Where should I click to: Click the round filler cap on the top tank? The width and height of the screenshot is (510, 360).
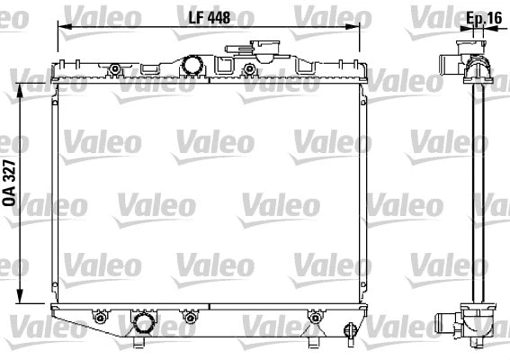click(x=191, y=65)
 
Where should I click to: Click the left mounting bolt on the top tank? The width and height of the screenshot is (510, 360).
click(x=115, y=69)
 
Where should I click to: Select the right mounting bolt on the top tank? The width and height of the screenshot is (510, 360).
click(x=248, y=69)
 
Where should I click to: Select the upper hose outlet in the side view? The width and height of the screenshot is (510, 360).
click(x=450, y=64)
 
